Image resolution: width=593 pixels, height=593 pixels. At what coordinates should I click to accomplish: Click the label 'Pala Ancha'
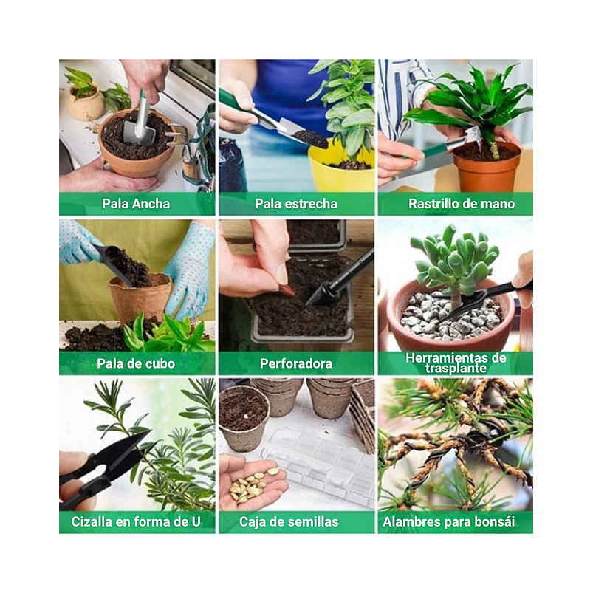[x=136, y=204]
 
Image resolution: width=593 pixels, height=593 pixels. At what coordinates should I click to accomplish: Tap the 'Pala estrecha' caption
[x=295, y=204]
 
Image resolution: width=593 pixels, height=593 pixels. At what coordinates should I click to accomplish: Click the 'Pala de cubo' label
[x=136, y=363]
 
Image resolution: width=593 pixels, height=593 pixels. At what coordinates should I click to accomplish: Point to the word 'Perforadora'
[x=295, y=363]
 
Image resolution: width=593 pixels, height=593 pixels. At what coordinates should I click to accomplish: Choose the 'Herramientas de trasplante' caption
[x=456, y=363]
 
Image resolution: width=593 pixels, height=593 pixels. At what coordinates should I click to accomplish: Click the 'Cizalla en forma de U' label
[x=136, y=522]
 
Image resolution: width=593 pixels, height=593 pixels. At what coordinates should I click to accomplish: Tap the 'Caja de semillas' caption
[x=289, y=522]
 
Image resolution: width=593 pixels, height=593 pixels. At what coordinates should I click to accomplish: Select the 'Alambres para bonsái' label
[x=448, y=522]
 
